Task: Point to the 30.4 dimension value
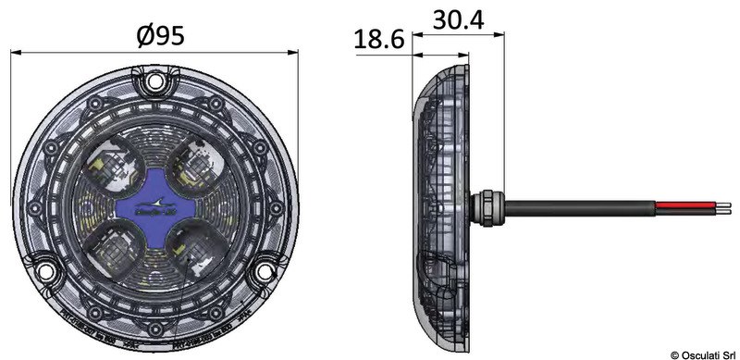click(x=459, y=19)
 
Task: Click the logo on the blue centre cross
click(x=154, y=205)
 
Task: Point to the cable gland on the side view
click(x=482, y=205)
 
